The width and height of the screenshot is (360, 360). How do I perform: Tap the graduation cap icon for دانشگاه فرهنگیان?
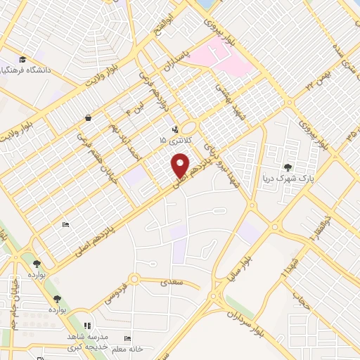coord(22,59)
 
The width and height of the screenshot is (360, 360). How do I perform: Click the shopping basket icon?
coord(87,117)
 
